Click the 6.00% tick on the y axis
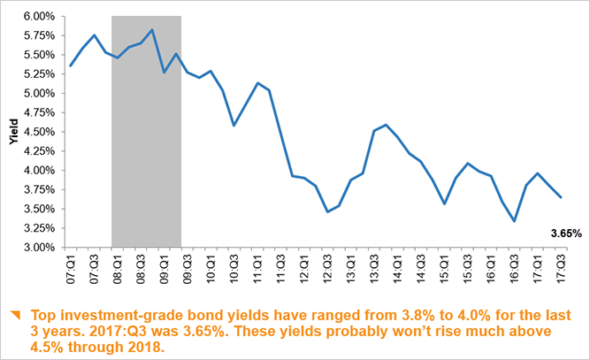click(37, 16)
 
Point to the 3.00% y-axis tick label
click(37, 248)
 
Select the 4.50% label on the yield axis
click(37, 132)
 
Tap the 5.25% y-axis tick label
click(37, 74)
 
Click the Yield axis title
click(11, 132)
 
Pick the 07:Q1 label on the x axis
click(72, 266)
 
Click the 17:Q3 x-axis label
click(560, 266)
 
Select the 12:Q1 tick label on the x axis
click(304, 266)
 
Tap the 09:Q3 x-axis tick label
click(188, 266)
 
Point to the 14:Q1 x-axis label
click(397, 266)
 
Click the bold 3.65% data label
click(566, 234)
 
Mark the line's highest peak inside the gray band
click(152, 30)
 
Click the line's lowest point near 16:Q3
click(515, 221)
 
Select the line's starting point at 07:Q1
click(71, 66)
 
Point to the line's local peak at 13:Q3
click(386, 125)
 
